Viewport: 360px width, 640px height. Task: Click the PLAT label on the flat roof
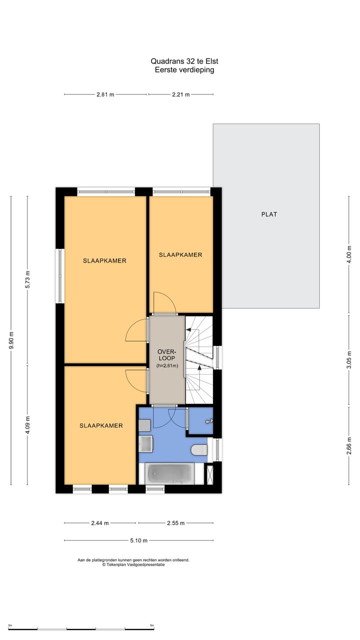268,214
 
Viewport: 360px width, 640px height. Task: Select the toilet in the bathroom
199,449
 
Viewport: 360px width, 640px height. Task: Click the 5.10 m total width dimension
138,540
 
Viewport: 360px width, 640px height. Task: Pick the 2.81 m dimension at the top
105,94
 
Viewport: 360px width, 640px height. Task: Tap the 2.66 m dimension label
349,444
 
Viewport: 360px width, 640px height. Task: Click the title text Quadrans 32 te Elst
184,61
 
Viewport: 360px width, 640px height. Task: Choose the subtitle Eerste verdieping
184,70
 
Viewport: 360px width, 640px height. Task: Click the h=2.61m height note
167,365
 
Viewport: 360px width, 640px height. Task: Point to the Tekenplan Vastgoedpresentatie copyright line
133,564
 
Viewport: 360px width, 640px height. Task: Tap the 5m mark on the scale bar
152,625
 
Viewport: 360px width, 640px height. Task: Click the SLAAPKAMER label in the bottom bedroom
101,426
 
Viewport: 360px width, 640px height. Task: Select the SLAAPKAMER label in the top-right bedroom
180,255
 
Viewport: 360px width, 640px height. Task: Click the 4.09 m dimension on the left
28,425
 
